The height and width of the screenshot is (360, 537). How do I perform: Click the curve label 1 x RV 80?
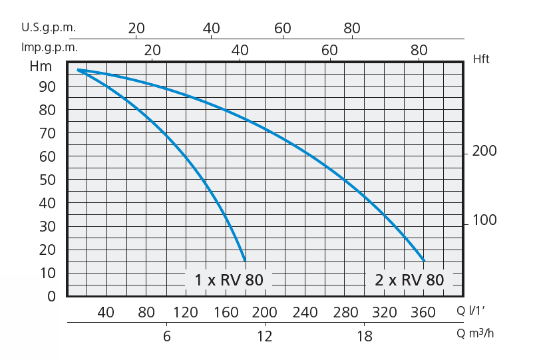[229, 280]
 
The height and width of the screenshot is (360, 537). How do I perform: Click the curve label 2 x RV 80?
[405, 280]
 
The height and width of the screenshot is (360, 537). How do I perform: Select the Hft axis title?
[481, 59]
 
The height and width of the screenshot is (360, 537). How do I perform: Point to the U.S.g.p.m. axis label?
[48, 28]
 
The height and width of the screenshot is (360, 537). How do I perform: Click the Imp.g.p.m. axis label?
[49, 48]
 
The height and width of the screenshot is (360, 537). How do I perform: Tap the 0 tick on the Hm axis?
[52, 297]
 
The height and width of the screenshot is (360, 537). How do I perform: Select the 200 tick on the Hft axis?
[484, 152]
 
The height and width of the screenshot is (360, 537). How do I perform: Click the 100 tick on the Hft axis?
[484, 220]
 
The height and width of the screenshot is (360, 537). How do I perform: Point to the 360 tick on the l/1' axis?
[423, 313]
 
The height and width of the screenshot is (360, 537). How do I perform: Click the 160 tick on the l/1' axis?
[226, 313]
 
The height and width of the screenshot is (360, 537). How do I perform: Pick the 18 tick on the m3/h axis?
[364, 336]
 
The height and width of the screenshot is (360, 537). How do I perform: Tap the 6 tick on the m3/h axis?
[166, 336]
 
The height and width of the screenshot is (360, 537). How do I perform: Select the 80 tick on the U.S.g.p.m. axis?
[351, 28]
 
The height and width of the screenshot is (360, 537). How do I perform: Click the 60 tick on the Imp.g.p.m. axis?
[329, 50]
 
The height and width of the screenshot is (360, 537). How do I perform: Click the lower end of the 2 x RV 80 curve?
[423, 260]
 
